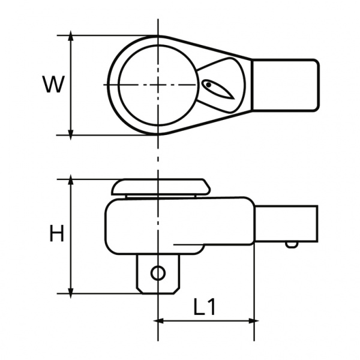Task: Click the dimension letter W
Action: click(53, 84)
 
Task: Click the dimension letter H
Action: click(56, 233)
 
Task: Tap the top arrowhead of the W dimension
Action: click(71, 35)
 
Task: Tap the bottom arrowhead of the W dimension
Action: click(71, 135)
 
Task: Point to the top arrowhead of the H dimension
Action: click(71, 179)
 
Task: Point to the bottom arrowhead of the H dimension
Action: click(71, 293)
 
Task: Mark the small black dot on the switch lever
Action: click(208, 85)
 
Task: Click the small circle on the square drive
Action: click(158, 273)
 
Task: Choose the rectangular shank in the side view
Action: click(287, 224)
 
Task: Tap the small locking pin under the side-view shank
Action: click(292, 245)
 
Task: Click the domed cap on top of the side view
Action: click(161, 187)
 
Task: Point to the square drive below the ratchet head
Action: click(158, 274)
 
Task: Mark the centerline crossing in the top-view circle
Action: click(158, 85)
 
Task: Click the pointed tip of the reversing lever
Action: click(234, 99)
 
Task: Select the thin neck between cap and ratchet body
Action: click(161, 197)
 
